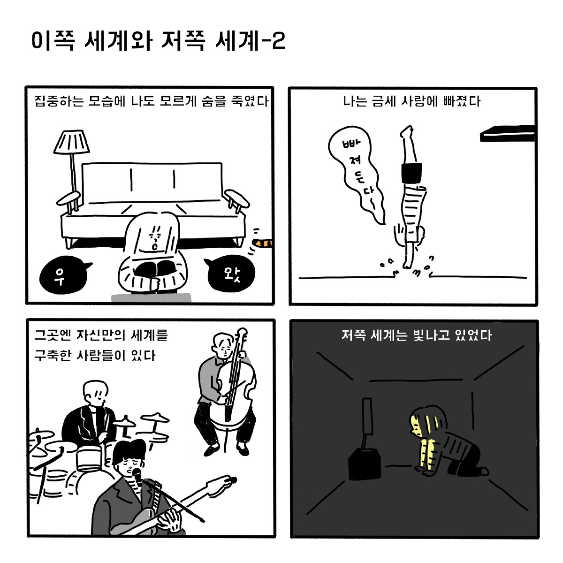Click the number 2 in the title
click(278, 42)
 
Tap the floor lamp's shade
click(71, 142)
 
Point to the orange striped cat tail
click(263, 243)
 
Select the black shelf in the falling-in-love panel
click(507, 134)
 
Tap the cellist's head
click(222, 344)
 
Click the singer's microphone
click(137, 475)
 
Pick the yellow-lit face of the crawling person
click(415, 425)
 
